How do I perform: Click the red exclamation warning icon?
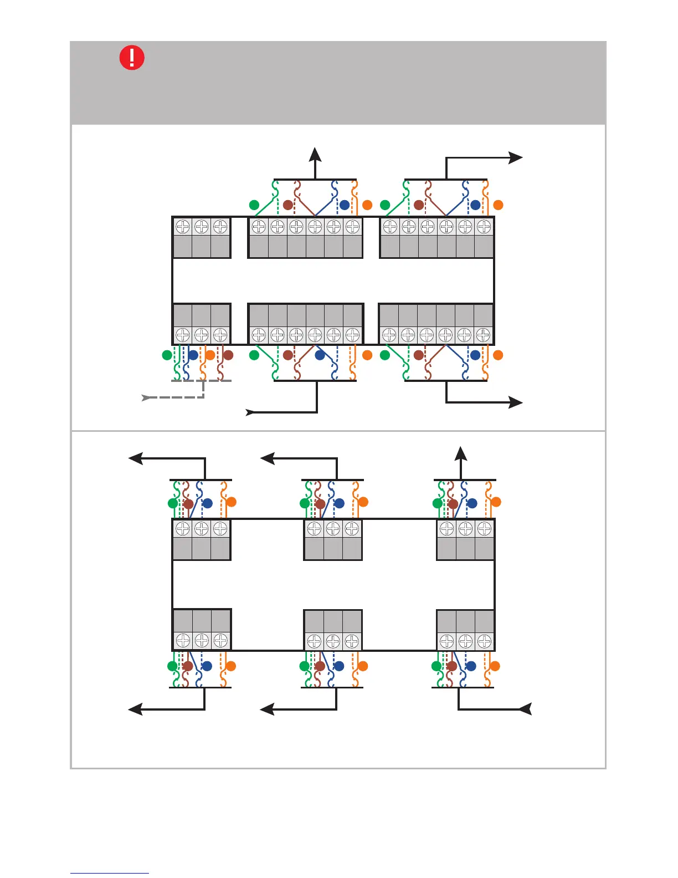[132, 58]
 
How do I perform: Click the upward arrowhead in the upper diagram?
[315, 154]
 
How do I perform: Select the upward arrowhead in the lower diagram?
[461, 453]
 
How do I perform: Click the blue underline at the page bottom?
[109, 874]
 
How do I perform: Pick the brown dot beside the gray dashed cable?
[228, 355]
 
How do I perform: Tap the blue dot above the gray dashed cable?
[193, 355]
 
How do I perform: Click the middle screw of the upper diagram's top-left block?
[202, 227]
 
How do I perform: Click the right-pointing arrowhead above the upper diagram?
[516, 158]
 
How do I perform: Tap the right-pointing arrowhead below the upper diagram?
[516, 402]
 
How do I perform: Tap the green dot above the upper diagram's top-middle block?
[254, 205]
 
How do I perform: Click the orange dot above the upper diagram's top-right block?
[498, 205]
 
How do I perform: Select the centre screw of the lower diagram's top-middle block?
[333, 529]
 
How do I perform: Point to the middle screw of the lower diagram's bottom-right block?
[465, 641]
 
